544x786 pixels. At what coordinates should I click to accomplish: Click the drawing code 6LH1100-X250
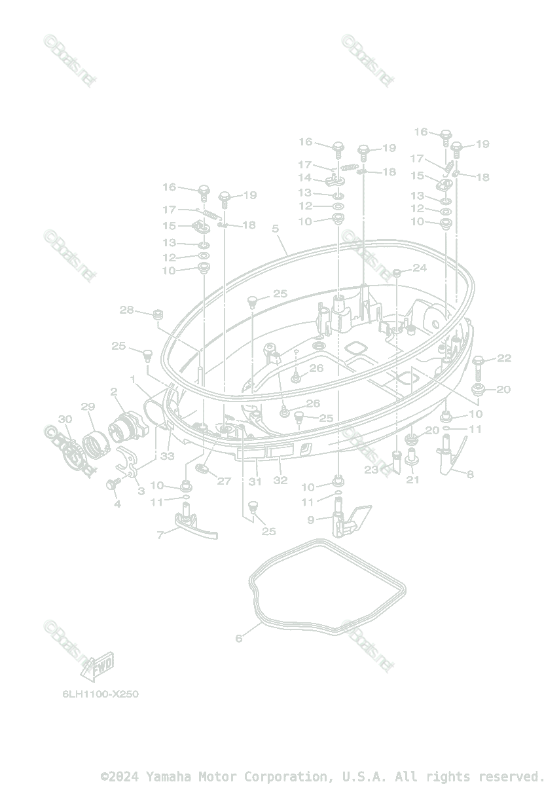coord(97,694)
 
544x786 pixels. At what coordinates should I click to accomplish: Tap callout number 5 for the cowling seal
coord(275,229)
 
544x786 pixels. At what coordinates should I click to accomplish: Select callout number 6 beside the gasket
coord(239,638)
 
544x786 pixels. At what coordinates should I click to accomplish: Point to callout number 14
coord(305,178)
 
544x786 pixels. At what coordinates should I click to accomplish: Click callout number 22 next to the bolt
coord(503,358)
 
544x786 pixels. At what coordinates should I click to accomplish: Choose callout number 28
coord(126,309)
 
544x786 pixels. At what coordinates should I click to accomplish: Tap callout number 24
coord(419,268)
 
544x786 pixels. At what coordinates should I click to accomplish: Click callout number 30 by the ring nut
coord(65,419)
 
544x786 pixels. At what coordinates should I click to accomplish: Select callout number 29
coord(88,407)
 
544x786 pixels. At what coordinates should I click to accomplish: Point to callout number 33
coord(168,456)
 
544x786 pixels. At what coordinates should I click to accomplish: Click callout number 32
coord(280,480)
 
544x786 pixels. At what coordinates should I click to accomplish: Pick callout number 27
coord(224,481)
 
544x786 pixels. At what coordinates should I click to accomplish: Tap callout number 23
coord(372,470)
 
